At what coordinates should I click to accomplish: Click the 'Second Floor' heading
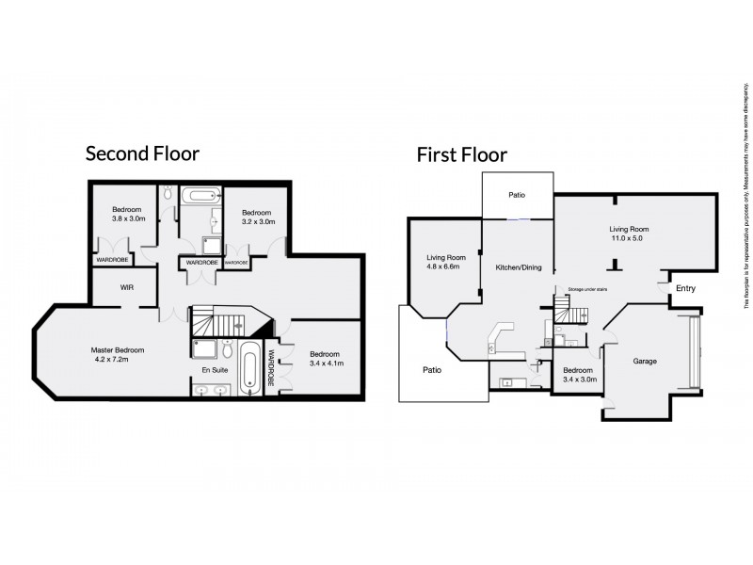142,153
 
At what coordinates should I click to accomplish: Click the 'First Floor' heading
462,154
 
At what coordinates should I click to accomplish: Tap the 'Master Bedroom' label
125,349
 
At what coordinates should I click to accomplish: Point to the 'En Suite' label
216,370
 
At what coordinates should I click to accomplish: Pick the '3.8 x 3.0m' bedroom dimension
127,218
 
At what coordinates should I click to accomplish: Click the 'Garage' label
645,361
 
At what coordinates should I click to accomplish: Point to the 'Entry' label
686,288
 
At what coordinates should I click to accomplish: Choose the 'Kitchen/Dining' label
519,268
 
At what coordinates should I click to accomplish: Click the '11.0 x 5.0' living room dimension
630,239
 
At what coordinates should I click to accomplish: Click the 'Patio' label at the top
517,196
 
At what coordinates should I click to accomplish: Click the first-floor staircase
562,310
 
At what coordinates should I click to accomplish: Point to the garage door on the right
694,354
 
